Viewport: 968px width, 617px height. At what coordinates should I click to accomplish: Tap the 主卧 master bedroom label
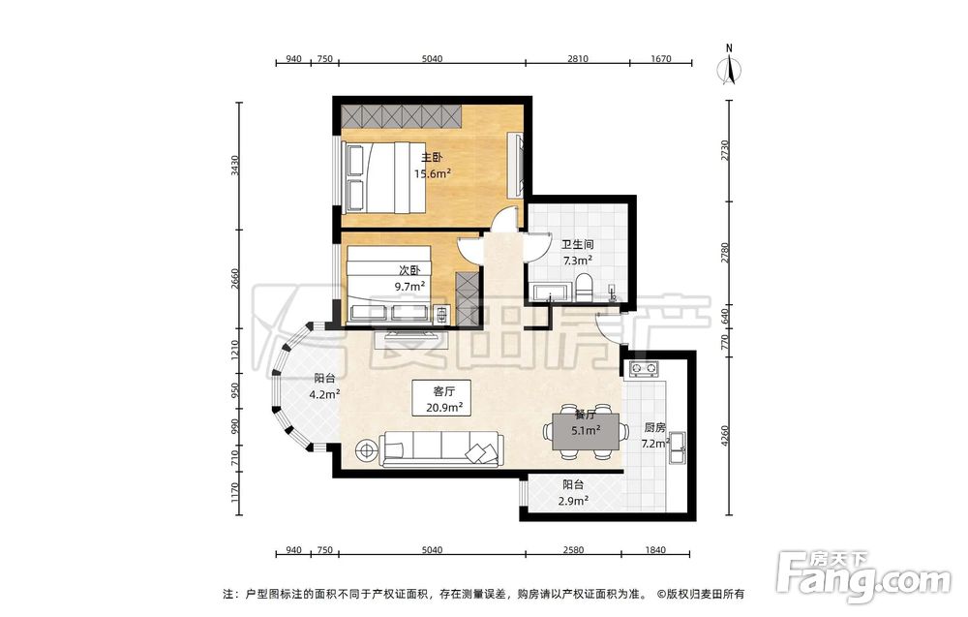point(432,158)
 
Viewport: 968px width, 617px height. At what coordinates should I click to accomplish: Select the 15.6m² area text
point(432,173)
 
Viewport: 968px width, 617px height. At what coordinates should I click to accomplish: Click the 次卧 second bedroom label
point(409,270)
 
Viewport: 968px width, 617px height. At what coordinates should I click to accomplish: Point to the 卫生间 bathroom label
point(577,245)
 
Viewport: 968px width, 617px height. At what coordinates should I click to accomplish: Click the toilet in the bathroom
point(584,289)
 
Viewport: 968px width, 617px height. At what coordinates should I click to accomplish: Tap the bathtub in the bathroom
point(552,293)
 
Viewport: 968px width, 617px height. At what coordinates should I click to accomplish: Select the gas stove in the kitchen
point(644,369)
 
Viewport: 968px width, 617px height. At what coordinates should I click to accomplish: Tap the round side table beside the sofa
point(366,449)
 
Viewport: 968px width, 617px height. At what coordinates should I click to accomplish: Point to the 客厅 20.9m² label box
point(444,398)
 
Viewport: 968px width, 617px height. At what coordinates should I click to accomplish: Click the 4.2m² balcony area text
point(324,394)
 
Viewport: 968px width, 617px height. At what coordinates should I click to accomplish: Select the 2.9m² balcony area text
point(573,501)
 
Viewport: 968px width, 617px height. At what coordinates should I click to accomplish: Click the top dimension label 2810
point(578,59)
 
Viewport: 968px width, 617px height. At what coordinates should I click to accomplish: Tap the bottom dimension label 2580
point(573,549)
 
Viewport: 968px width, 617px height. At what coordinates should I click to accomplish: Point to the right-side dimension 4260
point(725,437)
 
